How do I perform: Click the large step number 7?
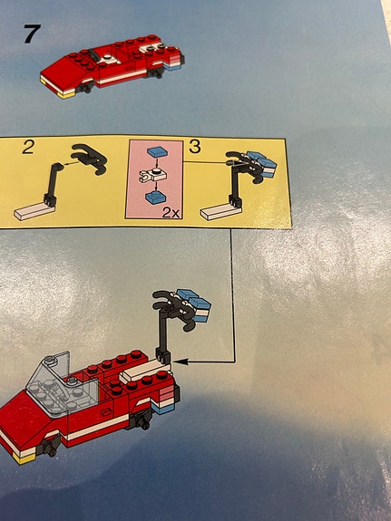pos(32,34)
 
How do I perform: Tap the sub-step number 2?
pos(28,147)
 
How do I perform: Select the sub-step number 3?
pos(195,146)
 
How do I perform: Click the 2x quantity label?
pos(171,213)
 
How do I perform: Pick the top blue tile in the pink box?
pos(158,152)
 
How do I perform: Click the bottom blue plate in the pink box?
pos(155,198)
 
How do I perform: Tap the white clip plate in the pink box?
pos(153,175)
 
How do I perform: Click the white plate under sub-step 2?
pos(34,211)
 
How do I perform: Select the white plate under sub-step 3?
pos(220,211)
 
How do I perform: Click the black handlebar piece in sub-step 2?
pos(90,159)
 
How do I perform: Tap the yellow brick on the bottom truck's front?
pos(23,458)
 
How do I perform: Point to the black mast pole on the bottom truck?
pos(163,335)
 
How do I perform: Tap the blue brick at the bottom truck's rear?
pos(163,409)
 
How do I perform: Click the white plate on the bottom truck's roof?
pos(145,371)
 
